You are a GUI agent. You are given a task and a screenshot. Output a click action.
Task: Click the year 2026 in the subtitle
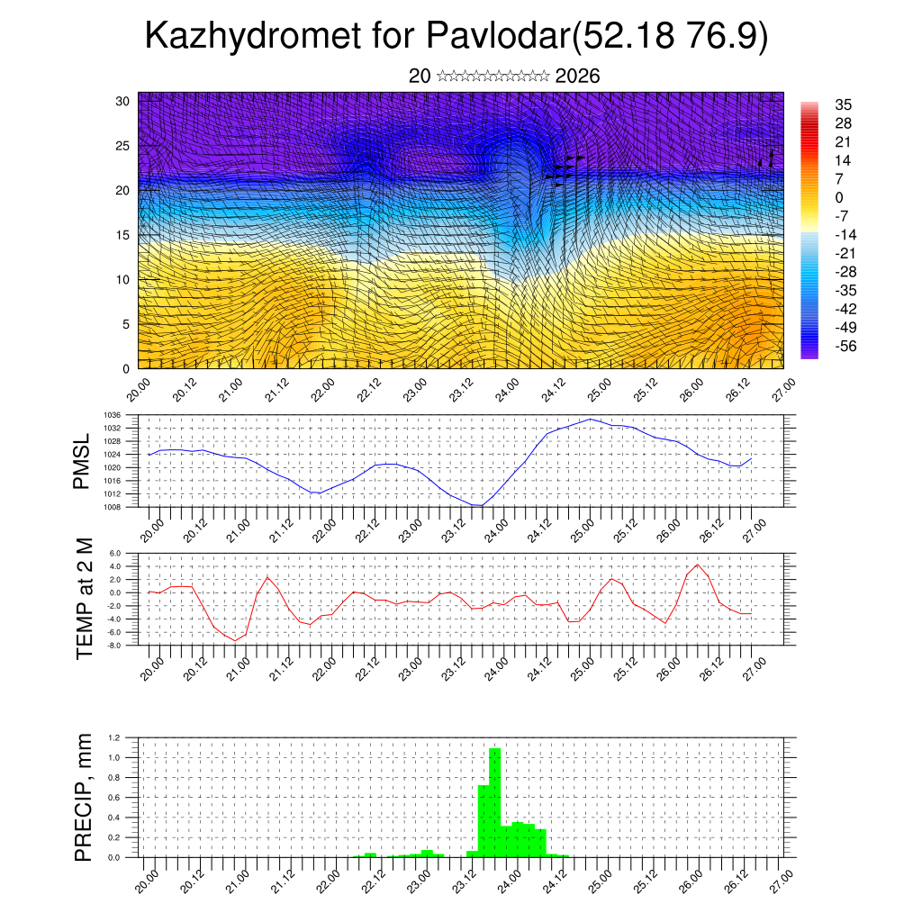578,77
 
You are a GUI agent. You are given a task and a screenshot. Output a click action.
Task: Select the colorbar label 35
844,104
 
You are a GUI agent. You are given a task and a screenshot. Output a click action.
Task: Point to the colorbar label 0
839,197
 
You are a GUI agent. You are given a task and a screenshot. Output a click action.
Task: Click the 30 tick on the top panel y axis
123,101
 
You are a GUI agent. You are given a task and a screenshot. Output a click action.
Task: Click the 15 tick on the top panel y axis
123,235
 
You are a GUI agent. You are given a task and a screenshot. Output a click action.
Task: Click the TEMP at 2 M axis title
85,599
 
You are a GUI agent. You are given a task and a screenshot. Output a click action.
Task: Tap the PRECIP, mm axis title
84,797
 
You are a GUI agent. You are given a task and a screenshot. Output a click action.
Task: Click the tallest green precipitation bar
494,801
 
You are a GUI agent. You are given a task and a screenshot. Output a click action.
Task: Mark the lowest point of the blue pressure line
479,505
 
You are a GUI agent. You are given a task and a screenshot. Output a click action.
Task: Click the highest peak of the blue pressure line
591,419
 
